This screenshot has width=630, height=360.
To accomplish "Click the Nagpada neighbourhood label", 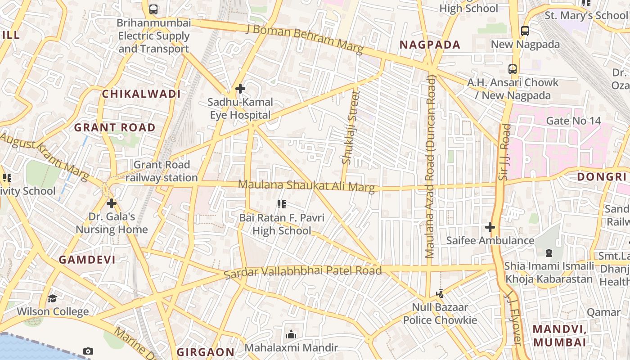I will (430, 45).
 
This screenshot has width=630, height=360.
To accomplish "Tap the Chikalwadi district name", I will (141, 94).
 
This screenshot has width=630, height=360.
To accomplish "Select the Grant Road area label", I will (114, 127).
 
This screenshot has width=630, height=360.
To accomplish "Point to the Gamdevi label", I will (87, 260).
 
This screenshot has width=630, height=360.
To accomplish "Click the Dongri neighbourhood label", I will (602, 176).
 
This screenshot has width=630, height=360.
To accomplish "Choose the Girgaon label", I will (205, 352).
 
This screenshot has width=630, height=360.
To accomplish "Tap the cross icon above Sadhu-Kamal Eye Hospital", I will (240, 89).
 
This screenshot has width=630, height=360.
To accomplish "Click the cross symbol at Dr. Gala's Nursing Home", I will (111, 203).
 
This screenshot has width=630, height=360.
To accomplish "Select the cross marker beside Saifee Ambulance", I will (490, 227).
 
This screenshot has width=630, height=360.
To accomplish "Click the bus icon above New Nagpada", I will (525, 31).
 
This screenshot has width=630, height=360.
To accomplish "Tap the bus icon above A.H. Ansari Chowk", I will (512, 69).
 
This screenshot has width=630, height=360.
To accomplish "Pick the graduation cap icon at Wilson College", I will (53, 298).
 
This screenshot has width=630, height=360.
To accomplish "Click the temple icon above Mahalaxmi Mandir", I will (291, 334).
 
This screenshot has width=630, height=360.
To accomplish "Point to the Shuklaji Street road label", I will (351, 127).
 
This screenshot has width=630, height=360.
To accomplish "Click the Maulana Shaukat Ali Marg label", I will (306, 185).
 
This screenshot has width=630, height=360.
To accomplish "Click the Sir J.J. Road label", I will (504, 152).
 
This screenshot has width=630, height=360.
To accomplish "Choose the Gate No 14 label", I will (573, 121).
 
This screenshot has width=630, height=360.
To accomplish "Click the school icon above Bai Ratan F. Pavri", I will (282, 205).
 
